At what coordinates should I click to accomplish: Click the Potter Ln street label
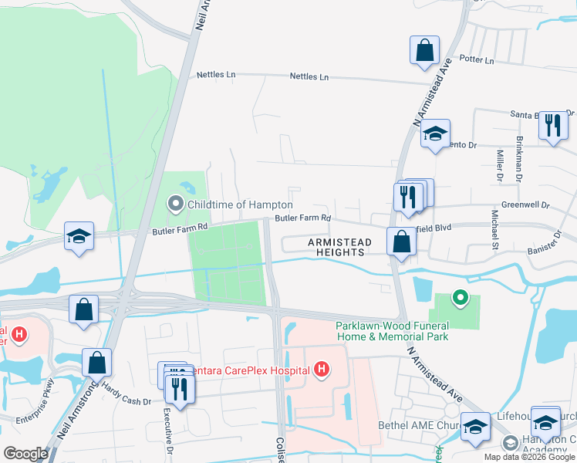(475, 59)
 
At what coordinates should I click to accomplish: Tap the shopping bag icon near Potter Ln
(424, 51)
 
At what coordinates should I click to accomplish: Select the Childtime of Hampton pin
(176, 204)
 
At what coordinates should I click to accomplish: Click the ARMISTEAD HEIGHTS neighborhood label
(340, 247)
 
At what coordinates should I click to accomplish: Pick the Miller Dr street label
(499, 165)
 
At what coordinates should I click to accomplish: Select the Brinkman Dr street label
(519, 157)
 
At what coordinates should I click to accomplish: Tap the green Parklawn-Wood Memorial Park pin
(460, 297)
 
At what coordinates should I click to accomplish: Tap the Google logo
(25, 453)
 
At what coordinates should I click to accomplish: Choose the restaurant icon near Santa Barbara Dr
(553, 125)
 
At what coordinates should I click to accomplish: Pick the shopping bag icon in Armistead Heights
(402, 242)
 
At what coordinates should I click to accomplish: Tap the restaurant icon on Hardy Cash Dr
(179, 387)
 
